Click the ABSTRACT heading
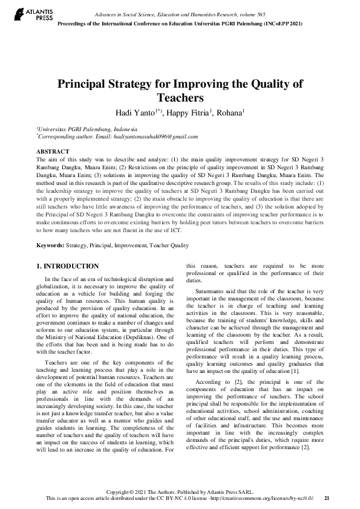pyautogui.click(x=53, y=151)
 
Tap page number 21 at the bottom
pyautogui.click(x=327, y=498)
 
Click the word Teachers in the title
pyautogui.click(x=180, y=98)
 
